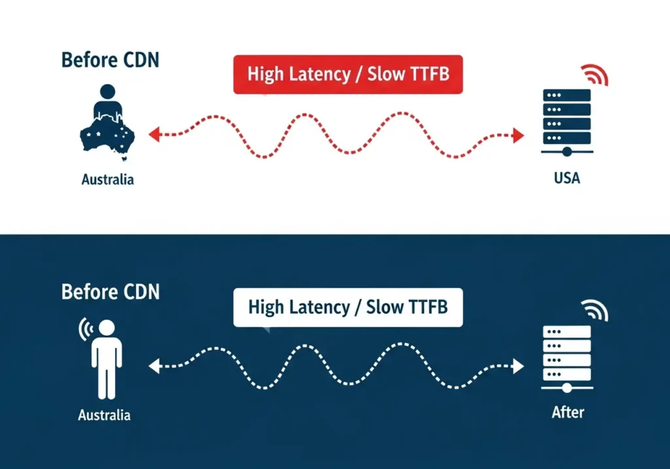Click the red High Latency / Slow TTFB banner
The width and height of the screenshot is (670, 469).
coord(347,74)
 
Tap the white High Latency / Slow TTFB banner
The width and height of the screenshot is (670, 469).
coord(347,307)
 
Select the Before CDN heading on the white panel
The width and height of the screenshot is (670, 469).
coord(110,60)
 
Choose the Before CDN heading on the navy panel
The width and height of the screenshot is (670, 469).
coord(110,291)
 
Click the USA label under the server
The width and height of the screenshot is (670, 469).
coord(567,177)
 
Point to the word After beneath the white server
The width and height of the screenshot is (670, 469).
coord(567,412)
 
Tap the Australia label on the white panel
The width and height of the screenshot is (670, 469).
coord(107,179)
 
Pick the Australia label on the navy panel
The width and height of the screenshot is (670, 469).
coord(104,415)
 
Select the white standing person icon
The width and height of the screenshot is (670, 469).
coord(106,359)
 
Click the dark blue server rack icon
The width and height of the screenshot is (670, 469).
coord(567,121)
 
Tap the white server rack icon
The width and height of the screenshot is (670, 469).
coord(567,356)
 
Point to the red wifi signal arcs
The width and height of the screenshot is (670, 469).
coord(597,75)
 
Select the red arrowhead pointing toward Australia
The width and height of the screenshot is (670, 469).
coord(154,135)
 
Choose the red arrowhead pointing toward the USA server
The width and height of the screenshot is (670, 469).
coord(518,135)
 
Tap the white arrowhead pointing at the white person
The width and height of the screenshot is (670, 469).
coord(154,366)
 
